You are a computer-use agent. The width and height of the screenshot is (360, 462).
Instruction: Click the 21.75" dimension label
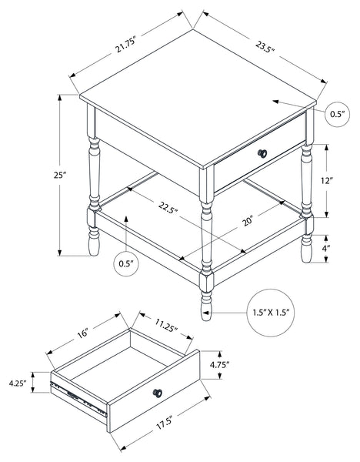coord(125,45)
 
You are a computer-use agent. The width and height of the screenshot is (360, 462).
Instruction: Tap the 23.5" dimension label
coord(265,46)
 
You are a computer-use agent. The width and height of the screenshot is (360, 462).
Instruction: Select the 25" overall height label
coord(59,175)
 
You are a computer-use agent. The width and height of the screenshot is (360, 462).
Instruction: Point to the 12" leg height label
coord(326,181)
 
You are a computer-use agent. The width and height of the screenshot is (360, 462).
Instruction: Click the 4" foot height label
coord(325,249)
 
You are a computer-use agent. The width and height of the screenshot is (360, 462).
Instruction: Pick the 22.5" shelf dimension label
coord(168,207)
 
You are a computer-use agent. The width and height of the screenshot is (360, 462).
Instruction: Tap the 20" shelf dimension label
coord(248,221)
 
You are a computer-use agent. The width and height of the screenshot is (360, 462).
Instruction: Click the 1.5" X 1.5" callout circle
coord(270,313)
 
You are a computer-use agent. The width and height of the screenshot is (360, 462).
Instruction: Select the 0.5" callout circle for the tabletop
coord(338,114)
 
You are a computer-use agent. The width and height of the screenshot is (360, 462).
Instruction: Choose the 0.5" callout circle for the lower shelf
coord(126,263)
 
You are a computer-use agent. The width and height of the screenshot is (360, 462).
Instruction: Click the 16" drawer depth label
coord(83,333)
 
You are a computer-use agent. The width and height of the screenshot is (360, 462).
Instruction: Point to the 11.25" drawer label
coord(167,325)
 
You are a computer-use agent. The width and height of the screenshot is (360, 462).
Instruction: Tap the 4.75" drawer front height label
coord(219,365)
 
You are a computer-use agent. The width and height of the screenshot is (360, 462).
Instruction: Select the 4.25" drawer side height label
coord(18,383)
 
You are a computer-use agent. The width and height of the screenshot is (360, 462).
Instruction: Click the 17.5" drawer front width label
coord(164,423)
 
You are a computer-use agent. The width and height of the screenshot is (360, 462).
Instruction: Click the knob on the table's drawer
coord(262,153)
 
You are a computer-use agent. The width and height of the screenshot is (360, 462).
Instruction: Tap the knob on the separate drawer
coord(158,393)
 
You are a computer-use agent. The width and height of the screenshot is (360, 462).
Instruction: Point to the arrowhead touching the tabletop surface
coord(275,102)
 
